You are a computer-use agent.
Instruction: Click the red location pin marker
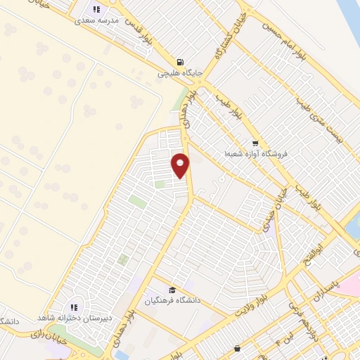tap(181, 165)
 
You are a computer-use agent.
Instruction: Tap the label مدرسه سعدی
tap(98, 21)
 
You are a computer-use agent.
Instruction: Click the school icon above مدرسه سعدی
tap(97, 9)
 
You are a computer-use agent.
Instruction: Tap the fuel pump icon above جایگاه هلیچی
tap(181, 61)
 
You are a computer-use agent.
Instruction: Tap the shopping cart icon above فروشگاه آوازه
tap(255, 141)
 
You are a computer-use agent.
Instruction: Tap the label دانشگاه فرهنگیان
tap(173, 300)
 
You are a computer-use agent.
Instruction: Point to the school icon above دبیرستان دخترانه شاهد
tap(74, 307)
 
